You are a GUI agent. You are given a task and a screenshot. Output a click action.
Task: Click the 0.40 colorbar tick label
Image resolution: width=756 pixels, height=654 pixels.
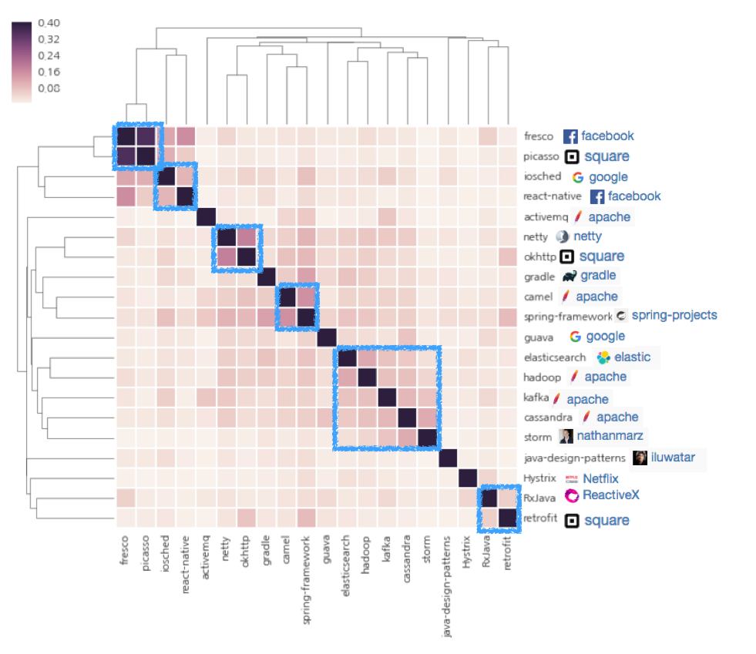tap(48, 23)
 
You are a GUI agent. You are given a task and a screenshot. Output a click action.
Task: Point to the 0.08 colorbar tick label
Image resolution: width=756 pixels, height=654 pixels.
tap(48, 88)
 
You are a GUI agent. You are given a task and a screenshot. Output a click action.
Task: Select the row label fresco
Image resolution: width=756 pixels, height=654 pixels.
tap(538, 136)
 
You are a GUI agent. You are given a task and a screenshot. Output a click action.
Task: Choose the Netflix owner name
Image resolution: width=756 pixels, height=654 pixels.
tap(600, 479)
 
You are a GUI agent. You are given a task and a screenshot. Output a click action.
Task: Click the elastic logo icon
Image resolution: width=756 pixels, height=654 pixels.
tap(603, 357)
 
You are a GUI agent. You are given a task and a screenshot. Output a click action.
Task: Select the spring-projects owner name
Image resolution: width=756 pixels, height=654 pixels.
tap(674, 315)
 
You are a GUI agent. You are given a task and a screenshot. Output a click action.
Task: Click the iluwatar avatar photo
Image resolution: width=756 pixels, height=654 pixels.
tap(640, 458)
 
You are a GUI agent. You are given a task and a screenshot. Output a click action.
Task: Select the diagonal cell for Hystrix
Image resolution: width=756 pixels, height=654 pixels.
tap(467, 479)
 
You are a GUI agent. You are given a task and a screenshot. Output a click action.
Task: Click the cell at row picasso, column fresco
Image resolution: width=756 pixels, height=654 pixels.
tap(126, 156)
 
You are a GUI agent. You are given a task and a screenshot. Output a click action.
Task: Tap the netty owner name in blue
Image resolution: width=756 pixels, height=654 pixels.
tap(587, 236)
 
